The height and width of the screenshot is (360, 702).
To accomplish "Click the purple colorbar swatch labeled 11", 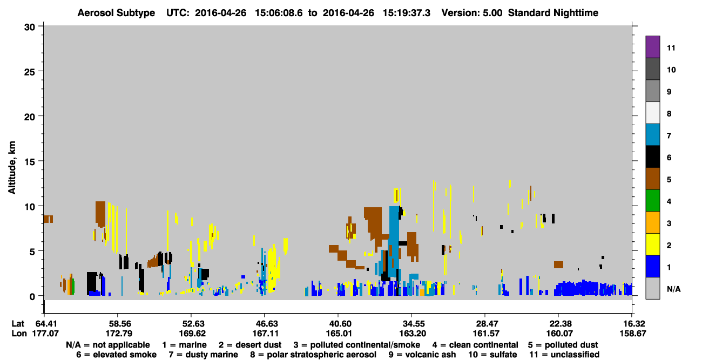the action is (x=652, y=46).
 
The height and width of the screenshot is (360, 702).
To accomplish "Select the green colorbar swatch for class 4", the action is (x=652, y=201).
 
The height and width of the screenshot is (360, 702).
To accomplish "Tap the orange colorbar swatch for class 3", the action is (x=652, y=222).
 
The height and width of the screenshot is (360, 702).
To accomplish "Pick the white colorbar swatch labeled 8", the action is (x=652, y=113).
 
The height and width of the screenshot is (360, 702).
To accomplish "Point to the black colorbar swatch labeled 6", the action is (x=652, y=157).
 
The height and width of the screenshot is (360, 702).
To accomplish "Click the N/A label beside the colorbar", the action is (x=673, y=289).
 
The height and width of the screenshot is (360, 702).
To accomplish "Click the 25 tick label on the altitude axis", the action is (x=30, y=72).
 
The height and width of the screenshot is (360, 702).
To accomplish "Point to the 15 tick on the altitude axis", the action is (x=40, y=161).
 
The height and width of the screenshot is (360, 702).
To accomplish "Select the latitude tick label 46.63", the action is (x=265, y=323).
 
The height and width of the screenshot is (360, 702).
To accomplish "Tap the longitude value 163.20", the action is (x=412, y=334).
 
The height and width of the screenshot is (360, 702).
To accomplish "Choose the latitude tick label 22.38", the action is (x=559, y=323).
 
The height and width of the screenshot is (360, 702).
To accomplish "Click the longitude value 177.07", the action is (x=45, y=334).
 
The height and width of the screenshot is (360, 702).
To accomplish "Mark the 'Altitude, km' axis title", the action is (x=11, y=167).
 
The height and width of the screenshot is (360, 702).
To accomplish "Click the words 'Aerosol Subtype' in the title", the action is (x=116, y=13).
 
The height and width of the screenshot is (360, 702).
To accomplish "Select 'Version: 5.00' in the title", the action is (x=471, y=13).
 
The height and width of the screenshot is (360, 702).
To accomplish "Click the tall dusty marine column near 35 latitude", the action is (x=394, y=241).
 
